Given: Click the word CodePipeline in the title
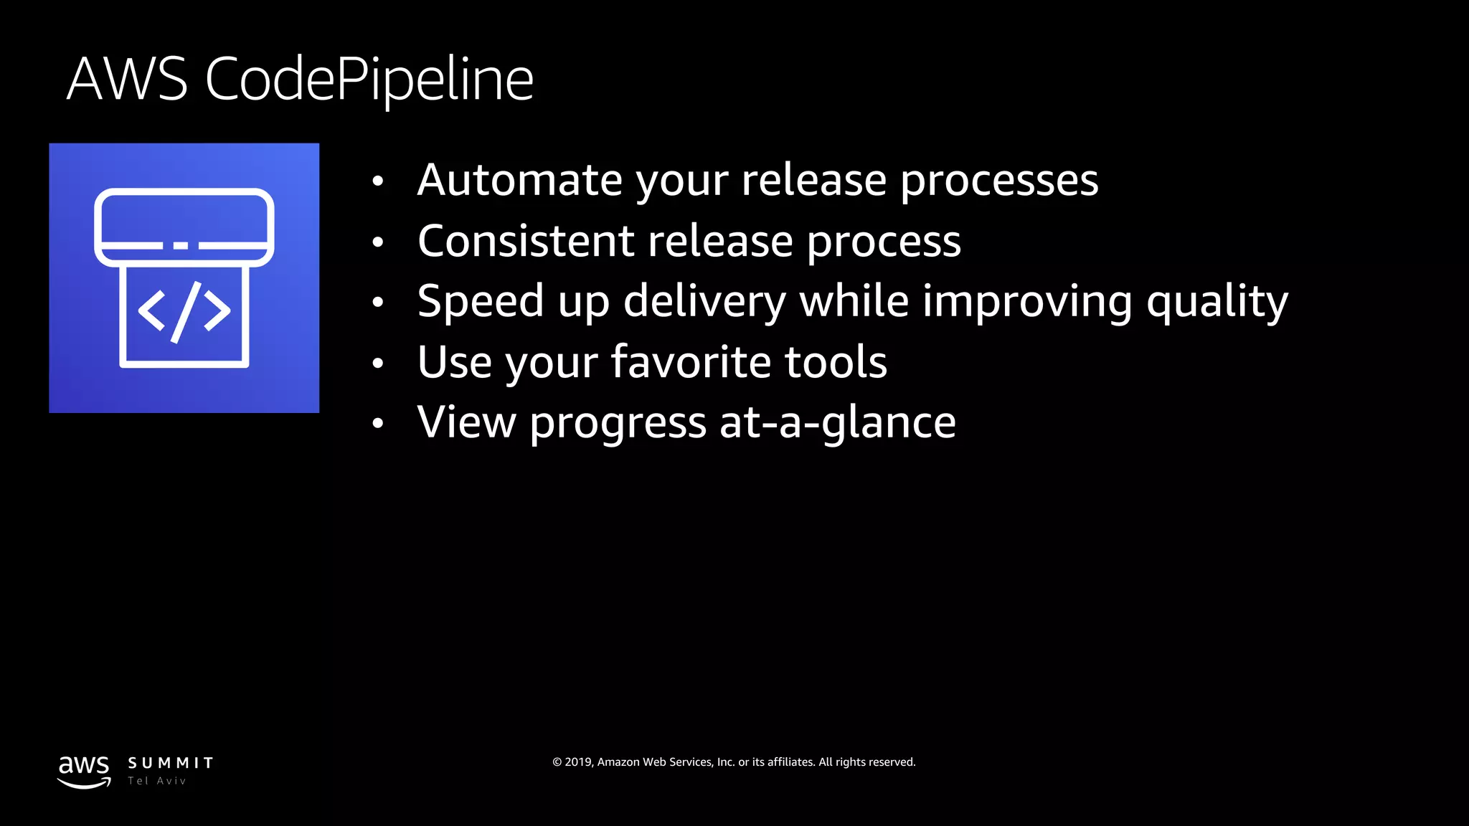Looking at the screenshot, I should coord(369,79).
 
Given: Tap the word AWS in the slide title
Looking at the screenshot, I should coord(127,79).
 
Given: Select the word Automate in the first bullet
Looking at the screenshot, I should coord(519,180).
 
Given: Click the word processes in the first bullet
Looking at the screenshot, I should coord(999,181).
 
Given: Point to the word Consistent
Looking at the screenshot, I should coord(526,241).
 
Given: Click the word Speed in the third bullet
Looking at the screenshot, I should coord(481,301).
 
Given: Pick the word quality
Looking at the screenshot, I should coord(1217,301).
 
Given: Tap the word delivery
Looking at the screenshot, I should coord(704,301).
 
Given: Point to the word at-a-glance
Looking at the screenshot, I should coord(837,422).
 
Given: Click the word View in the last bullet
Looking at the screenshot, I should coord(466,422).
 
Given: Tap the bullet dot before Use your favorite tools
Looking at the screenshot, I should coord(378,364).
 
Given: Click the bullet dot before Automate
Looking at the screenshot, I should coord(378,181).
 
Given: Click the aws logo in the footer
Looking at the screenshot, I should coord(84,771).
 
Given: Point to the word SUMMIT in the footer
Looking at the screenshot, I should coord(171,763).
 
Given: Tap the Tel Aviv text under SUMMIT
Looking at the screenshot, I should coord(157,781).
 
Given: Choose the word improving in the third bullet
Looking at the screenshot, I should coord(1027,301).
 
